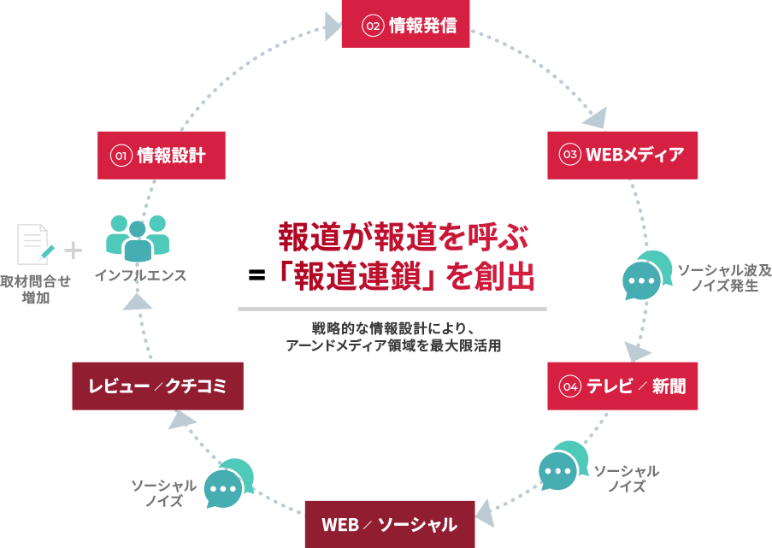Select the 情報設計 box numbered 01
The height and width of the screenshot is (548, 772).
161,155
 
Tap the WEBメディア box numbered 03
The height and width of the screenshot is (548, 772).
622,155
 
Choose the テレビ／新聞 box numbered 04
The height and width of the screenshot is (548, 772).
622,386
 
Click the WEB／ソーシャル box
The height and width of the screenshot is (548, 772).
389,524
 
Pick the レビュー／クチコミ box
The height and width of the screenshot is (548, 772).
158,386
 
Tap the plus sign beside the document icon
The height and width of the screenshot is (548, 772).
74,250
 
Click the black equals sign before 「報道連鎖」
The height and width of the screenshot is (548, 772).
256,275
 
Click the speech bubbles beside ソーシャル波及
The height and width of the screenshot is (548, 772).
647,274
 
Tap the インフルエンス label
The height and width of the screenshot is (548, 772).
140,276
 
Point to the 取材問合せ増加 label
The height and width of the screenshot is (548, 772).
35,290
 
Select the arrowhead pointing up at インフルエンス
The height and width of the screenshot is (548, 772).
136,299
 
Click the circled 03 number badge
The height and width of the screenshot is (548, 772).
570,155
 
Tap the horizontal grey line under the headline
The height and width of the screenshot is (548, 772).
392,309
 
